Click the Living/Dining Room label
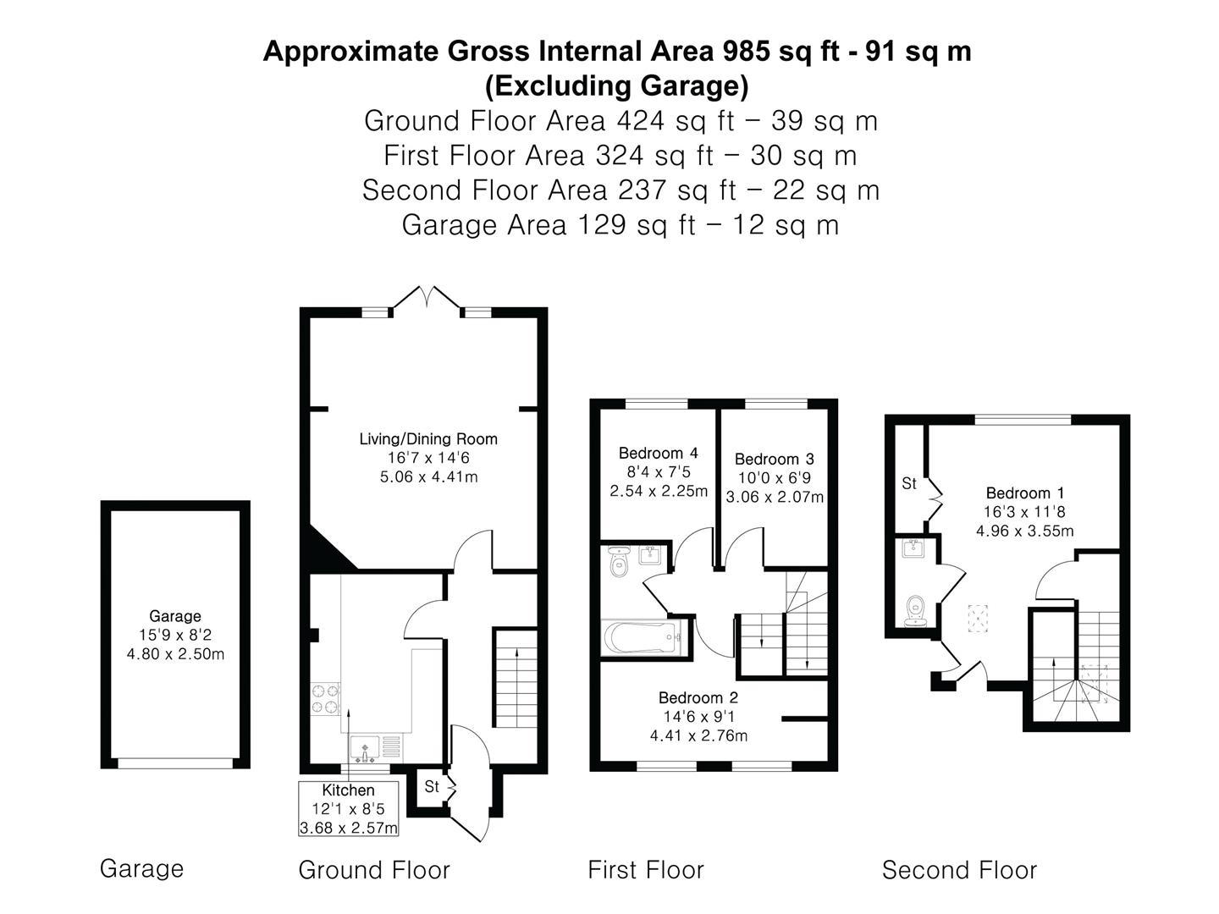pyautogui.click(x=427, y=438)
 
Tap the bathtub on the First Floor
pyautogui.click(x=643, y=637)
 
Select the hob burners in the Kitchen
pyautogui.click(x=325, y=698)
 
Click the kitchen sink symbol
pyautogui.click(x=365, y=748)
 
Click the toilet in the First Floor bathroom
pyautogui.click(x=618, y=563)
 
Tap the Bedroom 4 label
pyautogui.click(x=658, y=453)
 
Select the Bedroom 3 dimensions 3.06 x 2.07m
pyautogui.click(x=774, y=497)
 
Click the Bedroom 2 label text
pyautogui.click(x=698, y=697)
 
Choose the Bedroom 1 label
pyautogui.click(x=1024, y=493)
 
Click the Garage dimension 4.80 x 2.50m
pyautogui.click(x=175, y=653)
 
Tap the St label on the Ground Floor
pyautogui.click(x=432, y=786)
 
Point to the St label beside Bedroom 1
pyautogui.click(x=908, y=483)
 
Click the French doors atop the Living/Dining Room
pyautogui.click(x=427, y=299)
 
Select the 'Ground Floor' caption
pyautogui.click(x=373, y=869)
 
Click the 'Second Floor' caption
pyautogui.click(x=959, y=869)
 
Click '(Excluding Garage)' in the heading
pyautogui.click(x=616, y=85)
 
